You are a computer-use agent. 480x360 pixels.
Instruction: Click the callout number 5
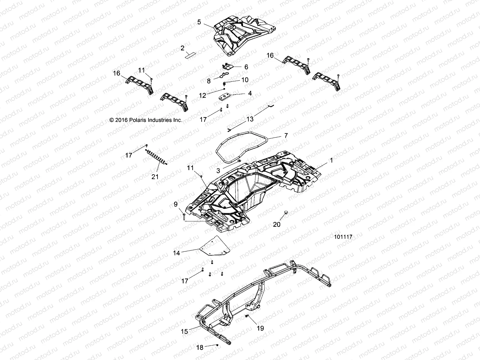pyautogui.click(x=199, y=22)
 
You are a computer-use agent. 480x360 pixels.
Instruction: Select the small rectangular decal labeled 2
pyautogui.click(x=190, y=55)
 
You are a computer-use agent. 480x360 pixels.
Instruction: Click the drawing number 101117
pyautogui.click(x=343, y=237)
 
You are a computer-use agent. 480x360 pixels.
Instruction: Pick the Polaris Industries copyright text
pyautogui.click(x=146, y=120)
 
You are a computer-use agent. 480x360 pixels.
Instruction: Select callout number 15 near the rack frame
pyautogui.click(x=184, y=331)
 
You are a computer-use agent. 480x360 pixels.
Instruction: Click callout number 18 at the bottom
pyautogui.click(x=199, y=348)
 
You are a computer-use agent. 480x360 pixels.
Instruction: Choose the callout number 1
pyautogui.click(x=331, y=160)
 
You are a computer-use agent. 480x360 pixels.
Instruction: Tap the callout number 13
pyautogui.click(x=250, y=119)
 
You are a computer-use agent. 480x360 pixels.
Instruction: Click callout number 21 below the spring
pyautogui.click(x=155, y=177)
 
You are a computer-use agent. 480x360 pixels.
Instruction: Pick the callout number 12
pyautogui.click(x=203, y=95)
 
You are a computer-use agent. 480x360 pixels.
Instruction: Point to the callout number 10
pyautogui.click(x=245, y=80)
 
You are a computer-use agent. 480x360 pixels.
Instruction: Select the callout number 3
pyautogui.click(x=218, y=171)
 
